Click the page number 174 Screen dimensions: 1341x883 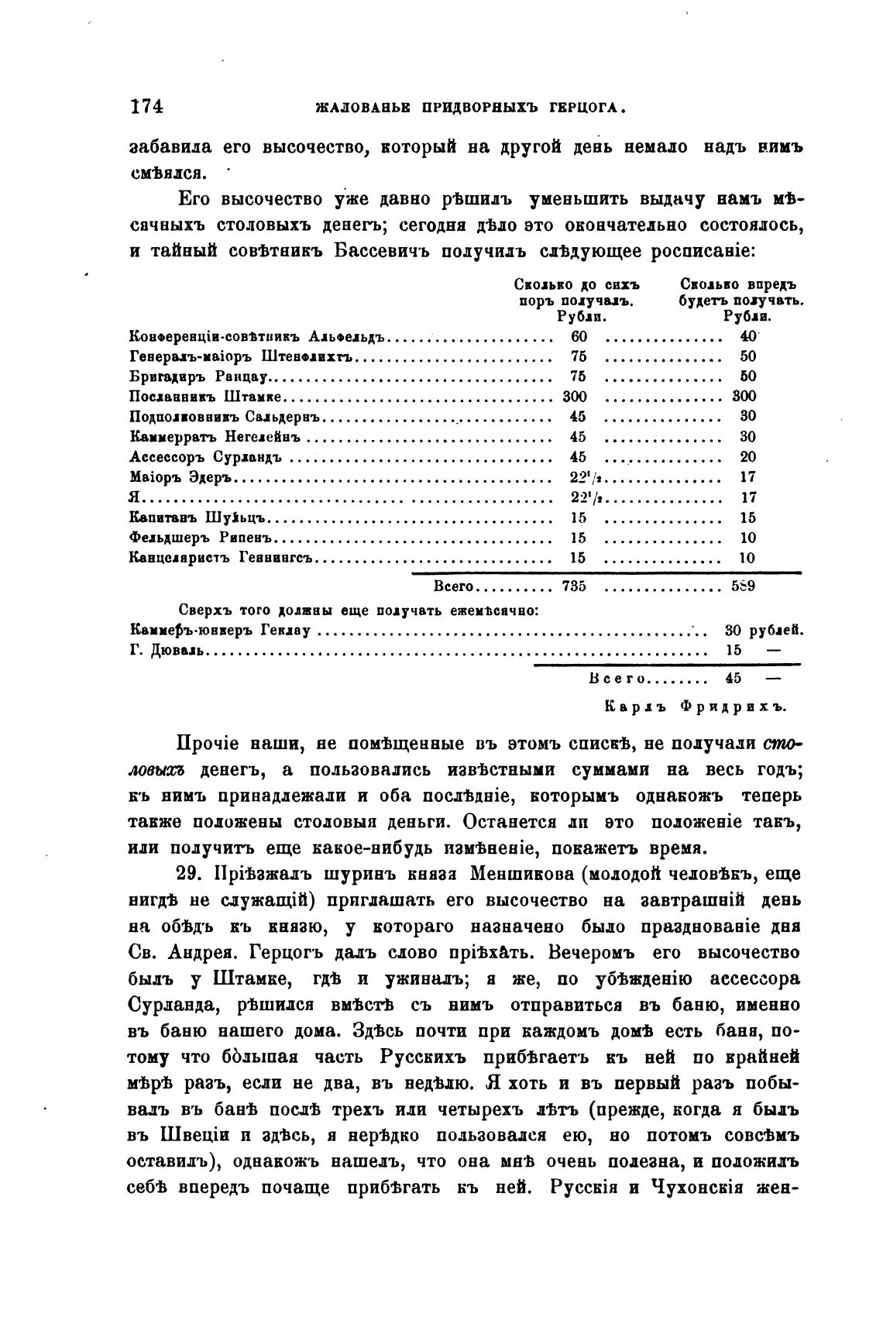[x=146, y=107]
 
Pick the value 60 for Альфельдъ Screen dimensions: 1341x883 [x=579, y=336]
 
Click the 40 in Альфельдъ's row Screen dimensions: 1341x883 [x=747, y=336]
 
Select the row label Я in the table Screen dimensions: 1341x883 [x=134, y=497]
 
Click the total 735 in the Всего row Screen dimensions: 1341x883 [x=573, y=586]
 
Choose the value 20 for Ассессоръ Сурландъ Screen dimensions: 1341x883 [x=747, y=457]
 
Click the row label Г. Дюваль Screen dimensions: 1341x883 [x=167, y=651]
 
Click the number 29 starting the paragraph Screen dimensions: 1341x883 [x=188, y=873]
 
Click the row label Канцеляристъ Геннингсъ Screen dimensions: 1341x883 [x=221, y=558]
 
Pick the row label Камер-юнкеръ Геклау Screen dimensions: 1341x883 [x=221, y=631]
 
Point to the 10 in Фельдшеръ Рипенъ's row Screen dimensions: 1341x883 [x=747, y=538]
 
